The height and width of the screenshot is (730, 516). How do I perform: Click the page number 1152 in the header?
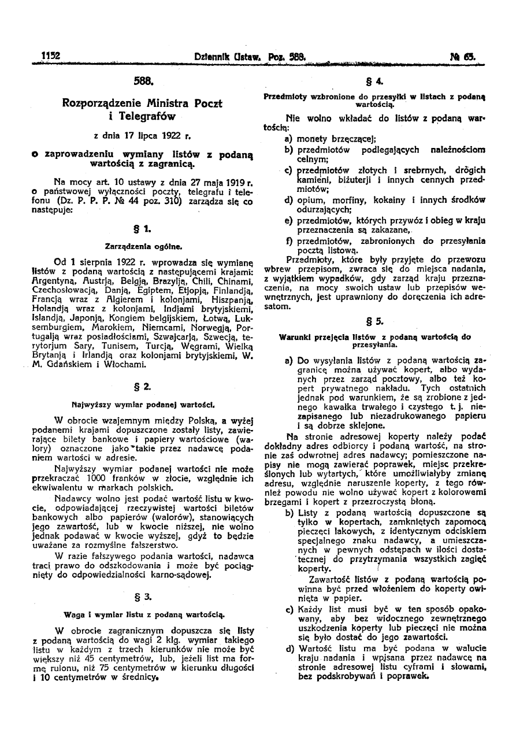pyautogui.click(x=51, y=56)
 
